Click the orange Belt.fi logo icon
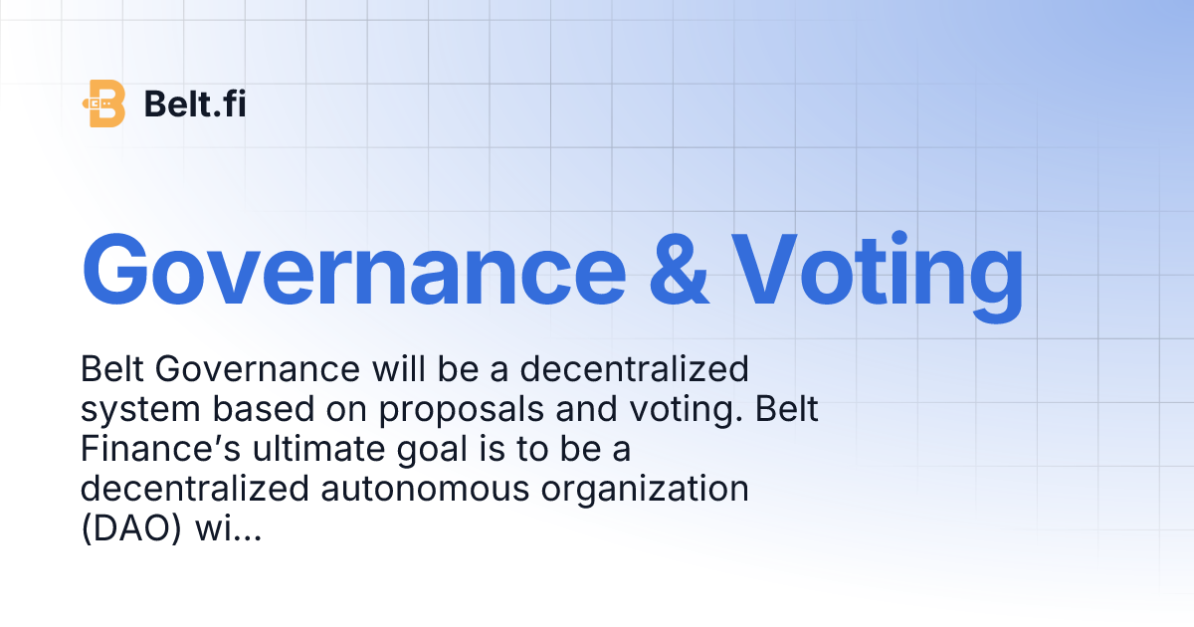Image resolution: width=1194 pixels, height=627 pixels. [105, 103]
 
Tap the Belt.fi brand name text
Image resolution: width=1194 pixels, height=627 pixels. [195, 104]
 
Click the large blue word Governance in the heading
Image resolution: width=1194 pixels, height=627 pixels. [353, 270]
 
